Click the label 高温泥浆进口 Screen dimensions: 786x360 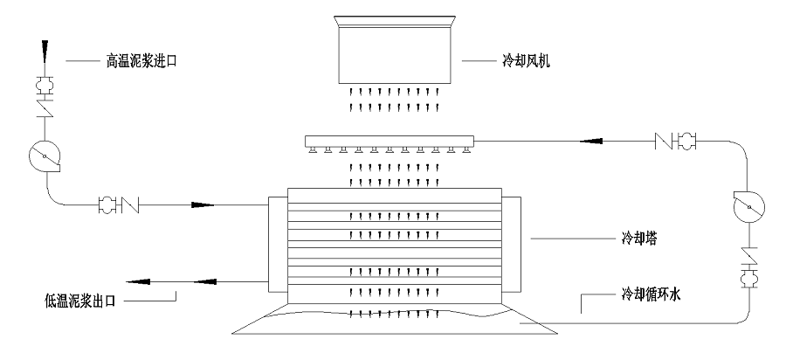click(x=141, y=62)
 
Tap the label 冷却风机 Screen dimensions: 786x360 click(x=526, y=62)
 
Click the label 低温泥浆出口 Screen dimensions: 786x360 click(x=79, y=301)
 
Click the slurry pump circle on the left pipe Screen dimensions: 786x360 click(x=45, y=156)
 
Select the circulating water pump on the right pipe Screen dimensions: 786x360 click(x=749, y=206)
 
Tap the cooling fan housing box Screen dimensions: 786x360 click(x=396, y=50)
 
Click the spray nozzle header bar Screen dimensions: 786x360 click(x=390, y=141)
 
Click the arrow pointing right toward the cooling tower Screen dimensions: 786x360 click(x=203, y=205)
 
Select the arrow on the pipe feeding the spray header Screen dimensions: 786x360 click(x=590, y=142)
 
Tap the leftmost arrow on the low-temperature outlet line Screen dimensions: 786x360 click(x=137, y=281)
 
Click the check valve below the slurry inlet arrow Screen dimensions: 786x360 click(x=45, y=107)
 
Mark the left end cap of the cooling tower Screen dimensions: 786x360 click(x=279, y=244)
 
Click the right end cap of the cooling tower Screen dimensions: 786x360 click(x=511, y=244)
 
